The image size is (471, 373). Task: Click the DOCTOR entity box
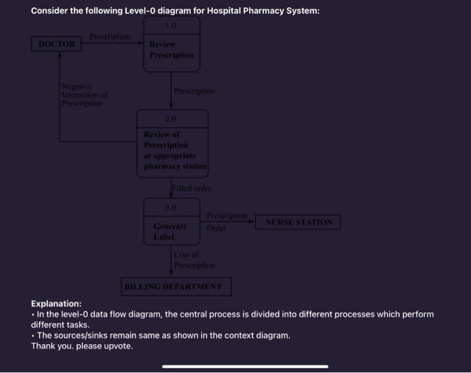(x=56, y=44)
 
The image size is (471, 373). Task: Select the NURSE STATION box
(x=298, y=222)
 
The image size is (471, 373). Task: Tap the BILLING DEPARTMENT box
(x=176, y=287)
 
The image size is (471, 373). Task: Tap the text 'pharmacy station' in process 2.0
(x=175, y=166)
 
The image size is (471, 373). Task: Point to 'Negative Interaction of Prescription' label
(x=82, y=95)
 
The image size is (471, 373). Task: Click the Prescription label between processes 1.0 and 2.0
(x=194, y=90)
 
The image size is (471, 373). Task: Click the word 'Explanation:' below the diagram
(x=57, y=304)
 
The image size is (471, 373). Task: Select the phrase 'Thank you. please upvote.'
(x=82, y=345)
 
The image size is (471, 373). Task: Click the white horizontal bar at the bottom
(x=245, y=366)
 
